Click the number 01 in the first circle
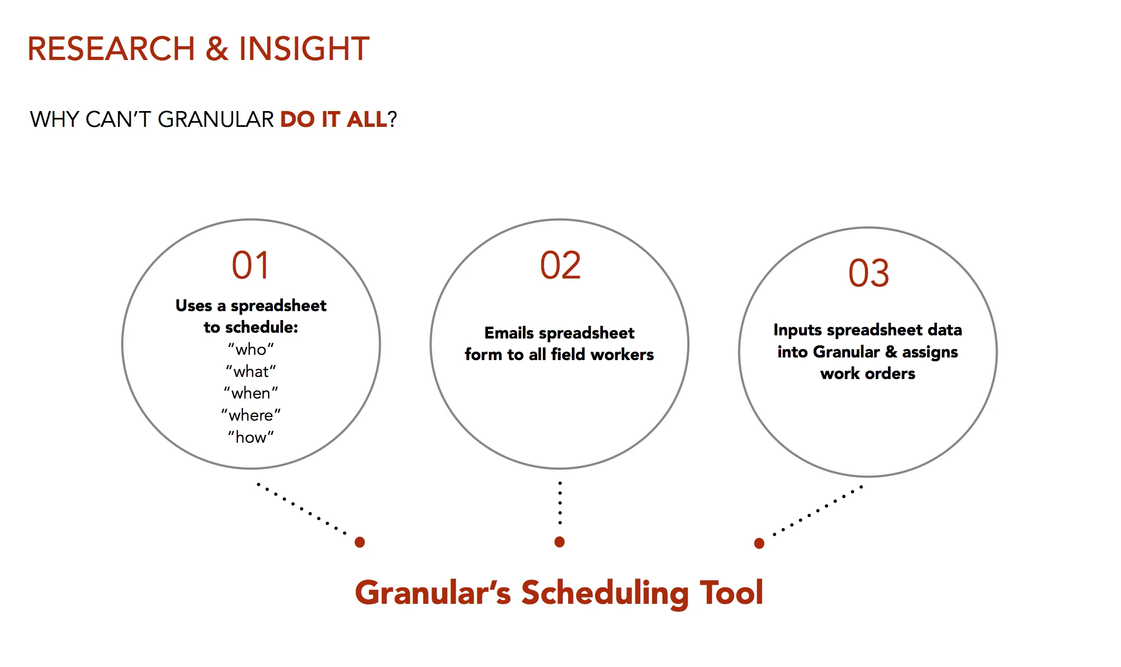[251, 265]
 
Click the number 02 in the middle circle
[560, 265]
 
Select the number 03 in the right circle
[869, 273]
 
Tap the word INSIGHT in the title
[304, 49]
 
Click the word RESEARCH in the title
[111, 49]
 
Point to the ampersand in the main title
[217, 49]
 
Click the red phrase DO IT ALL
[334, 120]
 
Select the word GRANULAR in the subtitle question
[216, 120]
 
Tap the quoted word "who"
[251, 350]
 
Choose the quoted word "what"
[251, 372]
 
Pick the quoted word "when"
[251, 393]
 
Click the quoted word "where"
[251, 415]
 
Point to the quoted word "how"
[251, 437]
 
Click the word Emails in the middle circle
[509, 333]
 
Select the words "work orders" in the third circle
[867, 374]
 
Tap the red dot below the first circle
[360, 542]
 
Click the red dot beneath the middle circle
[560, 542]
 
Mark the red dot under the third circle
[759, 543]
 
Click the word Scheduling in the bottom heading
[605, 593]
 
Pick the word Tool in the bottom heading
[732, 592]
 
